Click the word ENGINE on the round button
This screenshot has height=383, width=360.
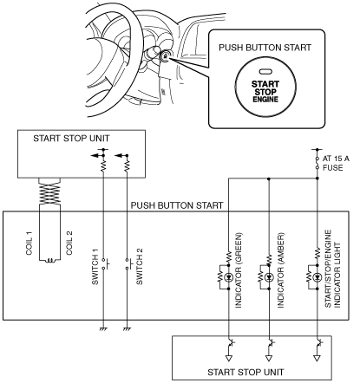265,100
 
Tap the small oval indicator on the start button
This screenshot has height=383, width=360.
264,71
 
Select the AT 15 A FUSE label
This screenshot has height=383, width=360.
336,163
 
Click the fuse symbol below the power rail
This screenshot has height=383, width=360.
317,163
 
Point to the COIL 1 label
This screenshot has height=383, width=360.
29,243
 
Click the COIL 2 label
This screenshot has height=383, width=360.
69,243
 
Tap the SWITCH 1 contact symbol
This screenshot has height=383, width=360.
105,264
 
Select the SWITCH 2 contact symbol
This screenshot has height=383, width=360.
128,264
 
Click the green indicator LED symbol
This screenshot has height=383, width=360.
229,277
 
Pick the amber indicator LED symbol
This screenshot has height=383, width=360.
269,277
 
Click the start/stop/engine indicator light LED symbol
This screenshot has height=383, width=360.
317,277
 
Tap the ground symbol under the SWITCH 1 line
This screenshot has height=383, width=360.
103,329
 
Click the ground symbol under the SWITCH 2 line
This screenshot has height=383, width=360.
127,329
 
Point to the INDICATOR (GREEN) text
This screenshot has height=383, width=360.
239,270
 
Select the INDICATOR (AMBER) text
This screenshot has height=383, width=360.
281,270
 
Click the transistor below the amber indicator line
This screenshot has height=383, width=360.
271,343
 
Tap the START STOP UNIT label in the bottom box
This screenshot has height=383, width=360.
245,372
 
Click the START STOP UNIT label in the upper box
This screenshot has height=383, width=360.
71,139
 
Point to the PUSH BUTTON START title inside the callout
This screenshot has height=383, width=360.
265,48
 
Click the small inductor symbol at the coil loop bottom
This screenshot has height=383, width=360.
50,261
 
